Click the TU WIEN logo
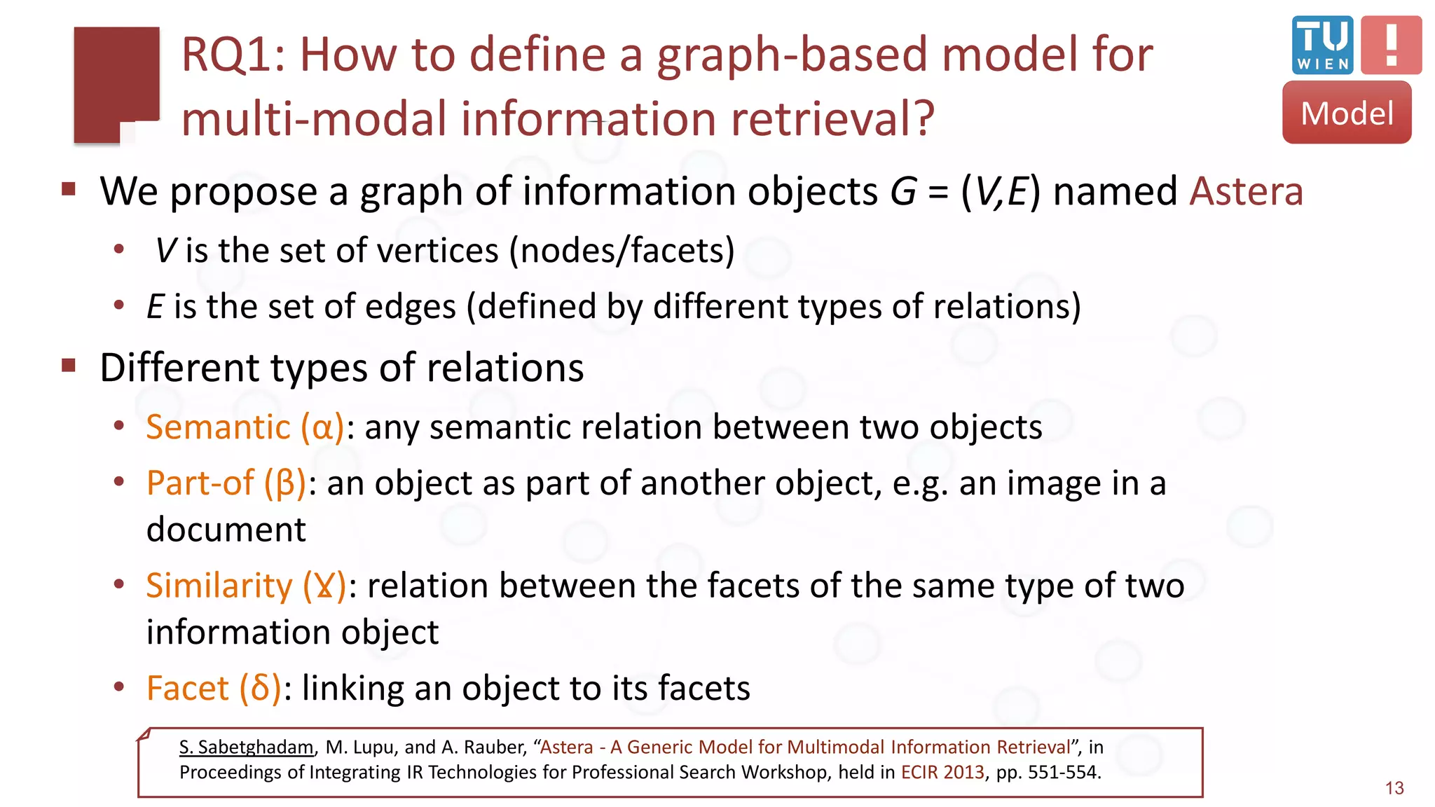(1322, 45)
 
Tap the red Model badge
(1347, 113)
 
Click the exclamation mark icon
(1392, 45)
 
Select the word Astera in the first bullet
(1246, 191)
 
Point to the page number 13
(1394, 788)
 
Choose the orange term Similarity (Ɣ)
(246, 586)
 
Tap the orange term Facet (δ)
(214, 688)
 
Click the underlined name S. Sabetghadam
(246, 747)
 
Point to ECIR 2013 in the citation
(942, 772)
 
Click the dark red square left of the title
(116, 83)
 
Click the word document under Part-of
(226, 530)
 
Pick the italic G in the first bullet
(903, 191)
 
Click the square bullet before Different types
(69, 365)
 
